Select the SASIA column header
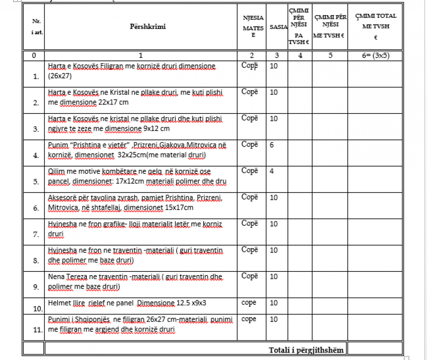click(278, 27)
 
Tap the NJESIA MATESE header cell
click(253, 27)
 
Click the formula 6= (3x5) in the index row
click(375, 55)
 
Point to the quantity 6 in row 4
click(271, 145)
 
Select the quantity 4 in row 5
click(271, 171)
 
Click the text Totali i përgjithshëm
click(306, 350)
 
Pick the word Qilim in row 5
click(56, 171)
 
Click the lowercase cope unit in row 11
click(249, 319)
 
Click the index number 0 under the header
click(34, 55)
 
